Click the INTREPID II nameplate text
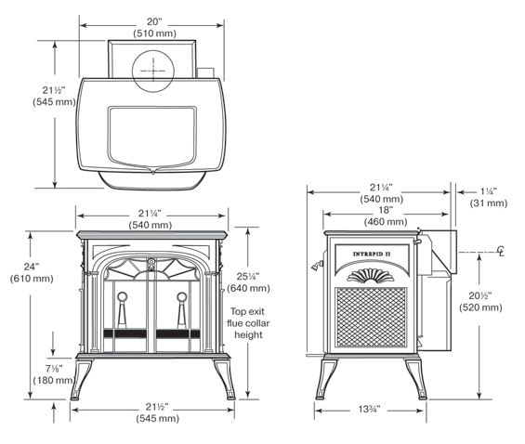coord(372,254)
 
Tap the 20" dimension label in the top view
coord(154,21)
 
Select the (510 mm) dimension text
coord(154,33)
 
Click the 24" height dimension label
coord(32,267)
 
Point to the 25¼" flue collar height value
coord(248,277)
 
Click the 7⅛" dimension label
coord(54,369)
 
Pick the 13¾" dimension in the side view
coord(369,409)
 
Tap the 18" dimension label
coord(386,210)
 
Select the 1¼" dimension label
coord(489,191)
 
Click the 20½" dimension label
coord(480,295)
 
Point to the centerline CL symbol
coord(501,251)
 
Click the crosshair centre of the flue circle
coord(153,71)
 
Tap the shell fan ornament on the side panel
coord(371,275)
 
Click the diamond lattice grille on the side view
coord(371,317)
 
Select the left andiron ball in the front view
coord(122,296)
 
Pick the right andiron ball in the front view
coord(182,296)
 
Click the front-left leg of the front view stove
coord(81,379)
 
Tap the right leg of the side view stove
coord(416,379)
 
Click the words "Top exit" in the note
coord(247,311)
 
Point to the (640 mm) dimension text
coord(248,288)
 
